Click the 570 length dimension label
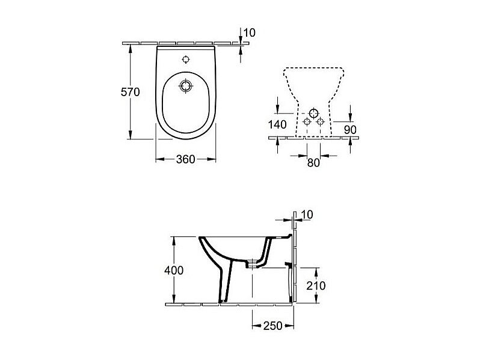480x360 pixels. click(130, 92)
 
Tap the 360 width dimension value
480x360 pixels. click(185, 159)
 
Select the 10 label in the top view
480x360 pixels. click(249, 32)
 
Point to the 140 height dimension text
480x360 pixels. click(277, 124)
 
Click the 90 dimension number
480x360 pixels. click(350, 130)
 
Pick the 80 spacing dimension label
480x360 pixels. click(313, 163)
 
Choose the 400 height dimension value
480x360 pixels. click(174, 270)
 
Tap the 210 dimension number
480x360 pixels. click(316, 285)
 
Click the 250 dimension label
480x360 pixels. click(272, 326)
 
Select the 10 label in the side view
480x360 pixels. click(307, 215)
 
